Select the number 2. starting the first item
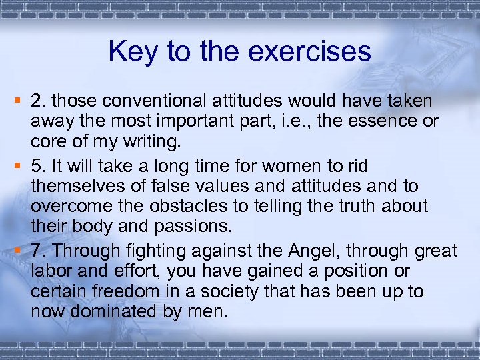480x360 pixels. point(39,101)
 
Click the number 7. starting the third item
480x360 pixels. point(39,251)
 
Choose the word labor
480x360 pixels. point(48,271)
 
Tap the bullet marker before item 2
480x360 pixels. point(22,101)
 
